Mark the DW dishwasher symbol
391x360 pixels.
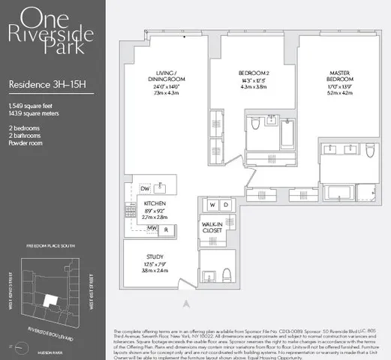pos(146,187)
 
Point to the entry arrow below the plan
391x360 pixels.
pos(186,304)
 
